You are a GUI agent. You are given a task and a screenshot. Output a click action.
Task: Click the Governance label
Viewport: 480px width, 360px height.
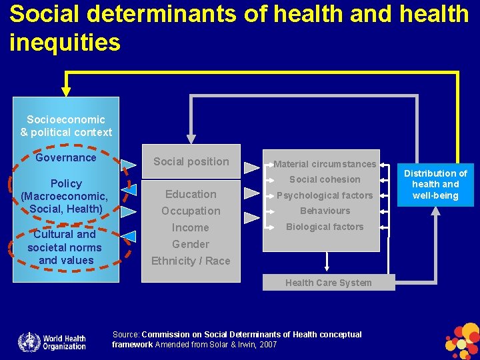(66, 158)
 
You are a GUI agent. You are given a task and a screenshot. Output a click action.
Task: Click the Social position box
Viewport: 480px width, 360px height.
(191, 161)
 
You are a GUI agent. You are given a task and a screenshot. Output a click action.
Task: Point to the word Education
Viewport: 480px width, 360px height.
(191, 195)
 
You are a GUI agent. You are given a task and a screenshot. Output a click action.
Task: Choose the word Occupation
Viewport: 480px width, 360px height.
(191, 211)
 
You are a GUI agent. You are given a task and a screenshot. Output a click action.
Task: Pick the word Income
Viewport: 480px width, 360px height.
(191, 228)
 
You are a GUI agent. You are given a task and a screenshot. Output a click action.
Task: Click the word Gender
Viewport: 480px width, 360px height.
(191, 245)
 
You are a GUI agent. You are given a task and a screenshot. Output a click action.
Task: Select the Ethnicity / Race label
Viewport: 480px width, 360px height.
(191, 261)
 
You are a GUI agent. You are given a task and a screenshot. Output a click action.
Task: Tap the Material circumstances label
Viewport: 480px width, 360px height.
(325, 164)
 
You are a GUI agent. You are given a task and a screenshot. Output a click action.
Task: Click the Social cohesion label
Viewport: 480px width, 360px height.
(325, 179)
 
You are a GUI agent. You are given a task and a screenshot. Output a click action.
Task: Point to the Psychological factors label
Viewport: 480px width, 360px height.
(325, 195)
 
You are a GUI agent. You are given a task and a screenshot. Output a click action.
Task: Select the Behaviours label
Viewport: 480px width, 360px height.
(325, 211)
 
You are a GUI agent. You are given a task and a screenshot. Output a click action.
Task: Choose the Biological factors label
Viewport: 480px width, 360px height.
(325, 227)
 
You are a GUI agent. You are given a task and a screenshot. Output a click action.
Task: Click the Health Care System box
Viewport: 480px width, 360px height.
(329, 283)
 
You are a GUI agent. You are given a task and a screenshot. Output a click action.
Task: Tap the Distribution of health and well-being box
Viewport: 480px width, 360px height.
(435, 185)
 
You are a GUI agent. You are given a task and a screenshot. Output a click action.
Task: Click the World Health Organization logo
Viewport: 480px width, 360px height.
(52, 341)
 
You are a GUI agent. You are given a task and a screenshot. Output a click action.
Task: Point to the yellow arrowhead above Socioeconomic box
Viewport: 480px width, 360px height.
(65, 91)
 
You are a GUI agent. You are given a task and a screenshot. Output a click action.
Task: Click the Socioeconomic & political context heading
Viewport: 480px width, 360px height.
(66, 127)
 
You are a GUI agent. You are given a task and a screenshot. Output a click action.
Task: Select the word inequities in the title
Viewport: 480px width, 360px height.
(65, 42)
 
